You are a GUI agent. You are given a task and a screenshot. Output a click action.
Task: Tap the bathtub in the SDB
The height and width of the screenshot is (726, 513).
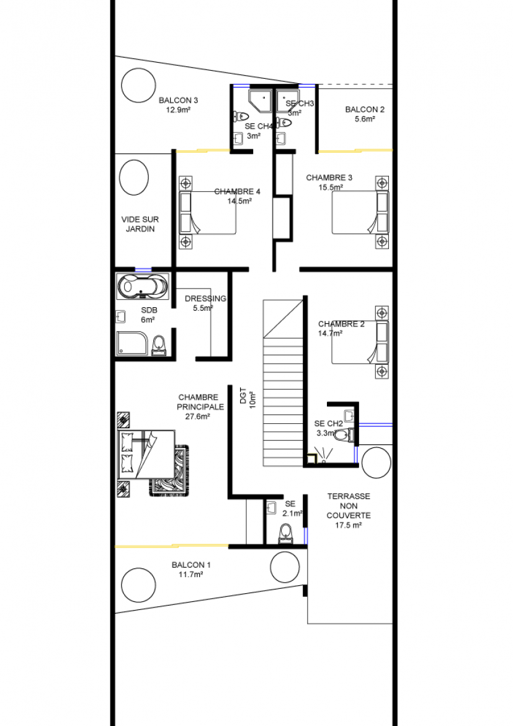point(143,286)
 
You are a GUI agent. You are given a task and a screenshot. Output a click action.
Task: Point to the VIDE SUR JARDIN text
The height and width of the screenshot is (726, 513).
point(140,224)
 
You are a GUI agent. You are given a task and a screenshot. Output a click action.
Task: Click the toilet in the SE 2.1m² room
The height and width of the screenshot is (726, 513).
point(286,534)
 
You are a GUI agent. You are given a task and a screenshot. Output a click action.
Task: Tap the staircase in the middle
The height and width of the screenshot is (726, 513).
point(283,383)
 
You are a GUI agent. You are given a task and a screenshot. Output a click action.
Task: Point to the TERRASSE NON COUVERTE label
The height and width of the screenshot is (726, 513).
point(349,506)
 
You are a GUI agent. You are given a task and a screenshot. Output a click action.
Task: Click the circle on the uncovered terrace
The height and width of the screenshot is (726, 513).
point(377,462)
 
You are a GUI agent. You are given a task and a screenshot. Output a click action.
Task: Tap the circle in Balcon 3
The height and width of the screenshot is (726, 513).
point(138,86)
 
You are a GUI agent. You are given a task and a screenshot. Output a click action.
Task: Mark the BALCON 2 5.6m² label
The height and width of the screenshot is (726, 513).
point(365,114)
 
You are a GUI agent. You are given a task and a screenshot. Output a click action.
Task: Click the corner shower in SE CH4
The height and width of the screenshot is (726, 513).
point(261,102)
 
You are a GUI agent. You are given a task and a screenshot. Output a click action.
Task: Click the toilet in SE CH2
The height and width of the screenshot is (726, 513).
point(344,435)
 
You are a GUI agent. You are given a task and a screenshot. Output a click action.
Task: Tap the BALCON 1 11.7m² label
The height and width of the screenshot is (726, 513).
point(191,570)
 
